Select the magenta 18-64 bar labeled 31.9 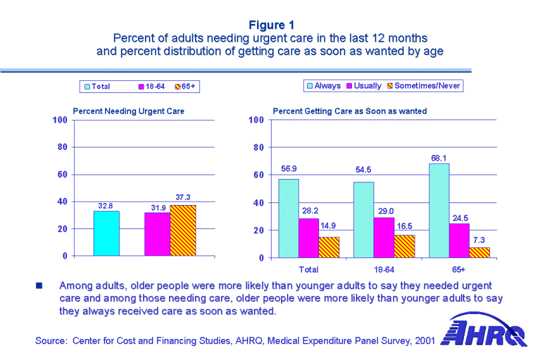(x=157, y=233)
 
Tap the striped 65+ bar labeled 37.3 (x=183, y=230)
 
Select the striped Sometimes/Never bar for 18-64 (x=404, y=246)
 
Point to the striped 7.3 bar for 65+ (x=479, y=252)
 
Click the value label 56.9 (x=289, y=170)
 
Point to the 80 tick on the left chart (x=62, y=147)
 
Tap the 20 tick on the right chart (x=258, y=230)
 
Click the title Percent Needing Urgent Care (x=129, y=111)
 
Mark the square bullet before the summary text (x=39, y=287)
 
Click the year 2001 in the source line (x=424, y=341)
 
